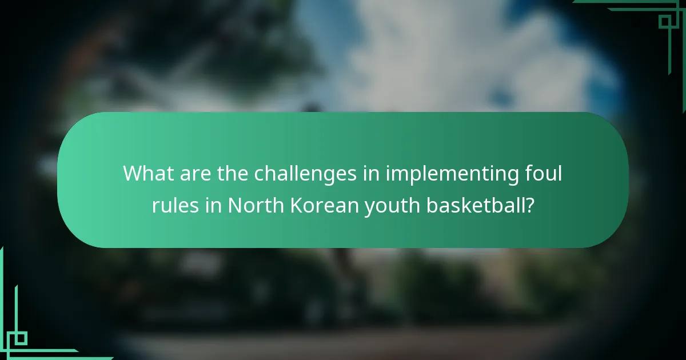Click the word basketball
tap(476, 205)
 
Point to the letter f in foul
tap(529, 173)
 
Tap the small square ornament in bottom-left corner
tap(20, 338)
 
